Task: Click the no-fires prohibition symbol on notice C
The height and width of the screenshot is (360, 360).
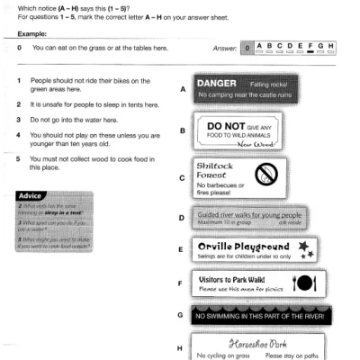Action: point(266,173)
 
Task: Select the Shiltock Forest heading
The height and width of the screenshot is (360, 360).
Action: point(213,170)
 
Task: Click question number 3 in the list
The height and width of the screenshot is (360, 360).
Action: point(20,119)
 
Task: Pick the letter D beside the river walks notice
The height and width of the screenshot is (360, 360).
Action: point(183,219)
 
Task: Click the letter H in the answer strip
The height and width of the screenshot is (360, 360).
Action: point(331,44)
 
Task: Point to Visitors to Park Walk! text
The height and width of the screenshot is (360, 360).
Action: point(235,279)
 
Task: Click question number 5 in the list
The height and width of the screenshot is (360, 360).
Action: point(20,158)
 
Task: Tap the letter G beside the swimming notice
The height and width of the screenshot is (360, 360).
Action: point(183,316)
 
